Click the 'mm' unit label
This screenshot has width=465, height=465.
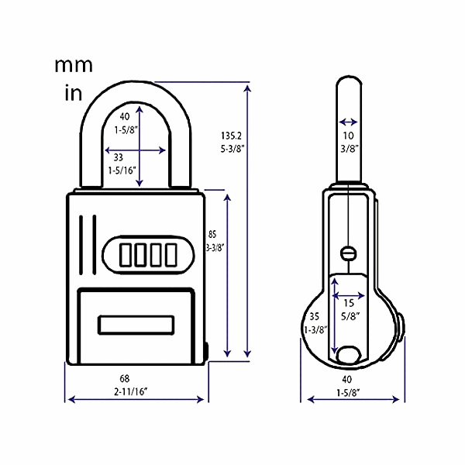point(74,65)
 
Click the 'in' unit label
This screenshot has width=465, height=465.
point(71,95)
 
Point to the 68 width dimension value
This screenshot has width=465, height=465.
point(136,378)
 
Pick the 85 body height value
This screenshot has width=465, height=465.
point(212,233)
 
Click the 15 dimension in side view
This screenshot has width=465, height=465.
point(349,303)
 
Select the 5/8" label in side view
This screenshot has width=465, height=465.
point(349,315)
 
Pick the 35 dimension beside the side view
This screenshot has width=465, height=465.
point(313,316)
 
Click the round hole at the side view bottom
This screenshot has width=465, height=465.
point(348,355)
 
